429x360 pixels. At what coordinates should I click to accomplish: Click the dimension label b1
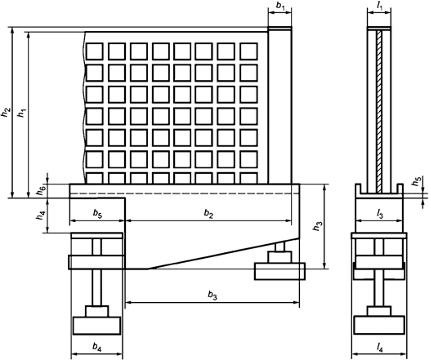click(279, 7)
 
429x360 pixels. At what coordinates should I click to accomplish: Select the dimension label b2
click(209, 215)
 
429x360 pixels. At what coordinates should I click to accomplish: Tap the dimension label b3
click(212, 295)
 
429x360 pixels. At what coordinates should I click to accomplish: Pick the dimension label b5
click(97, 215)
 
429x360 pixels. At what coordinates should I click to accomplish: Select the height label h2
click(7, 112)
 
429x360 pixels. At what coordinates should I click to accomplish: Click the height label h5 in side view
click(417, 183)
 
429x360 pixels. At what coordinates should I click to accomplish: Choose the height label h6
click(42, 190)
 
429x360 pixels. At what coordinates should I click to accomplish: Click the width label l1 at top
click(379, 7)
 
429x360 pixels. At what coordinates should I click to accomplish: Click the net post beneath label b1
click(280, 106)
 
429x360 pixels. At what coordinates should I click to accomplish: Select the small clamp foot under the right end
click(280, 269)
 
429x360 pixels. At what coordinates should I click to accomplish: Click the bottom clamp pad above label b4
click(97, 325)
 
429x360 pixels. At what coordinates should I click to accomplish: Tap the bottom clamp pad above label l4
click(379, 325)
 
